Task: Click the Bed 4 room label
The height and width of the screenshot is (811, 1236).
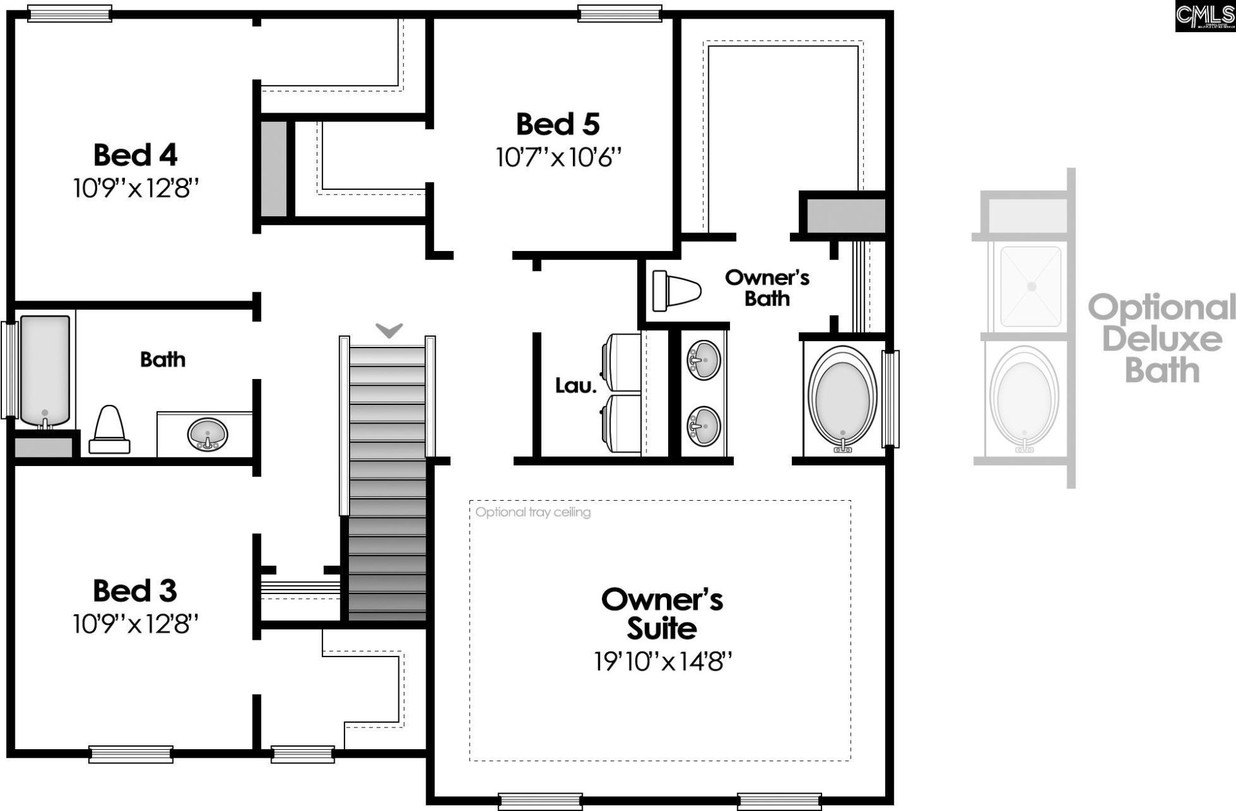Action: pos(135,154)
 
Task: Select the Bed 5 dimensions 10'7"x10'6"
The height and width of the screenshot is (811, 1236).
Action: pos(558,157)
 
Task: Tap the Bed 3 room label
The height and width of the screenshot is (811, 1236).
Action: pos(135,590)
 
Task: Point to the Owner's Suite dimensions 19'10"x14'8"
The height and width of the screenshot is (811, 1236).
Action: pos(662,661)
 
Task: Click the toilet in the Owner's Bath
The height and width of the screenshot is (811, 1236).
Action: pos(676,290)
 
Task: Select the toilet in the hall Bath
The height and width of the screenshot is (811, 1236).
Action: pos(109,431)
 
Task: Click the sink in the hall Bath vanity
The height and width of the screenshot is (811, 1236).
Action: pos(207,434)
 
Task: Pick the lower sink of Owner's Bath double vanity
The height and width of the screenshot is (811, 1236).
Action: pos(704,425)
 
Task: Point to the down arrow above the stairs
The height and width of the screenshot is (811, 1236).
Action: pos(389,330)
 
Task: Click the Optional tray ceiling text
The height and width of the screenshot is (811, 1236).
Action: pos(533,512)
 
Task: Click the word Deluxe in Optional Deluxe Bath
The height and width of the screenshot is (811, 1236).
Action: pos(1161,339)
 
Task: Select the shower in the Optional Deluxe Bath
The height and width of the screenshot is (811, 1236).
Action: pos(1031,286)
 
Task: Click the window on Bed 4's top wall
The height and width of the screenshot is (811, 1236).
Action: pos(70,14)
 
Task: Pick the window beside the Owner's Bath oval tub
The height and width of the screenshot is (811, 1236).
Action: pos(890,399)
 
